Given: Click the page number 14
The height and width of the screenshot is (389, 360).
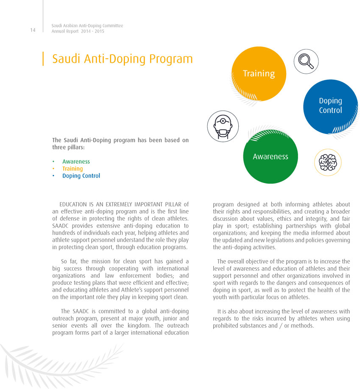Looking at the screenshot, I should coord(33,30).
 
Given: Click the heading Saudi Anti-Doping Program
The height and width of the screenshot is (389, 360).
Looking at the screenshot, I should coord(122,58).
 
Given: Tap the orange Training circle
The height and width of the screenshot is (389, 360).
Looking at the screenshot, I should coord(259,73).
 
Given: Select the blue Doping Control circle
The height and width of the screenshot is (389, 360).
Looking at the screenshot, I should coord(330,106).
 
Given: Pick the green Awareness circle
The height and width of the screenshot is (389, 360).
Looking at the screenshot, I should coord(271,156).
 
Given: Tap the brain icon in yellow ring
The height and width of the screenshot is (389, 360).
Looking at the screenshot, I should coord(328,162).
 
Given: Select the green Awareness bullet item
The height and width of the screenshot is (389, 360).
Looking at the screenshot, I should coord(76,161).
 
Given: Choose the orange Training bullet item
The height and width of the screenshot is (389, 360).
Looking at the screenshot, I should coord(73,169).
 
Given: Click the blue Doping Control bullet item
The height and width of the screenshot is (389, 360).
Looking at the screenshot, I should coord(81,176).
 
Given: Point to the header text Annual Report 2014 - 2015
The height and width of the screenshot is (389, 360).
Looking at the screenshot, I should coord(78,31).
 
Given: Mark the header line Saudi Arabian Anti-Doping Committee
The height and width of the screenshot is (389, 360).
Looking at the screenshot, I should coord(87,26).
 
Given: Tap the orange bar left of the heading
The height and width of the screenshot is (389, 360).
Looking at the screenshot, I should coord(43,58).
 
